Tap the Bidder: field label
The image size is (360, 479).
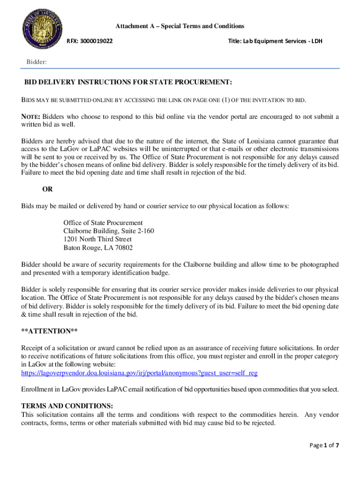click(x=36, y=62)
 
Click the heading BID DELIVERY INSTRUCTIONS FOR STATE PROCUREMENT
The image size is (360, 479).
click(x=128, y=83)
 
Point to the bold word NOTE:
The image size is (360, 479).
click(x=31, y=116)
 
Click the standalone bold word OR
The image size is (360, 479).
click(x=47, y=189)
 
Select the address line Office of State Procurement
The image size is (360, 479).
click(x=103, y=223)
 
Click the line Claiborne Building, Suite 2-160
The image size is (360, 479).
click(x=108, y=231)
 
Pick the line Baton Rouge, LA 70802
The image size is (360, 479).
click(x=98, y=248)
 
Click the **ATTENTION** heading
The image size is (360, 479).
click(x=49, y=331)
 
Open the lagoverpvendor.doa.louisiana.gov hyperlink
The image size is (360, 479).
click(x=139, y=373)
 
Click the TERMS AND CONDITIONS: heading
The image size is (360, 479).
click(x=67, y=406)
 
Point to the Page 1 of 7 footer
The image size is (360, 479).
click(x=324, y=445)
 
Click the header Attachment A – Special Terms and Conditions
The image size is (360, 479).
click(x=180, y=26)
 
